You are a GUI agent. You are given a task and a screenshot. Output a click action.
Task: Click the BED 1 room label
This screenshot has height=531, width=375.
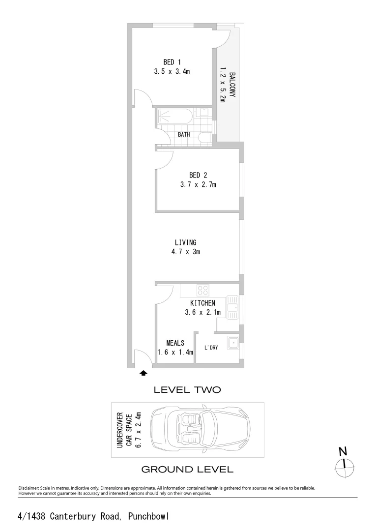pos(172,62)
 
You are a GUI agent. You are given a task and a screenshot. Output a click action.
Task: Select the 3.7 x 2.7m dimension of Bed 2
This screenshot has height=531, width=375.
pos(198,185)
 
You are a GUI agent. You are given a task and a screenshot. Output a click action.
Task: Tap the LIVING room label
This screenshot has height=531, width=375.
pos(185,242)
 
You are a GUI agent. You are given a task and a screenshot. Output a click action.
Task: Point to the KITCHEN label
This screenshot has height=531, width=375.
pos(202,303)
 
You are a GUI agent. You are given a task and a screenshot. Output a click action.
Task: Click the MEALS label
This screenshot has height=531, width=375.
pos(175,343)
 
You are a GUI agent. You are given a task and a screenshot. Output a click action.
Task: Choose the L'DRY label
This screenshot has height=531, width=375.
pos(211,348)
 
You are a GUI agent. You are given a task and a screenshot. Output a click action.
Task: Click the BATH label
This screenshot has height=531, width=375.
pos(184,134)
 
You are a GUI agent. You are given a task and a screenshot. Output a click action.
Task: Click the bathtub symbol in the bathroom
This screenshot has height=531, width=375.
pos(174,117)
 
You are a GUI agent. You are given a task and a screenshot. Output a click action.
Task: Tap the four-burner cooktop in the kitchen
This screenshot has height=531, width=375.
pos(203,290)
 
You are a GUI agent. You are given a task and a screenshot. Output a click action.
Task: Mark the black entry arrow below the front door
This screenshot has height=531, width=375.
pos(144,373)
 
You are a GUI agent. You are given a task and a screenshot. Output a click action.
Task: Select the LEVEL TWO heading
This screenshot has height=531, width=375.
pos(187,390)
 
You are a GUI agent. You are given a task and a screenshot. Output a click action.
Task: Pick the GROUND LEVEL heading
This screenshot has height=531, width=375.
pos(187,470)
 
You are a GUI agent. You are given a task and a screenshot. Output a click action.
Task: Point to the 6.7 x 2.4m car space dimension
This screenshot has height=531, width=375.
pos(138,430)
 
